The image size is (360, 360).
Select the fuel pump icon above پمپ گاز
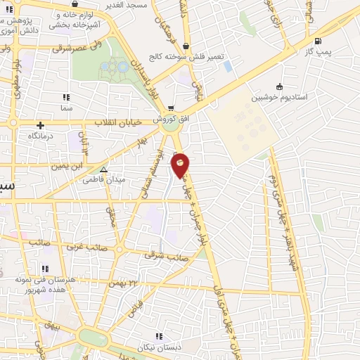pyautogui.click(x=319, y=41)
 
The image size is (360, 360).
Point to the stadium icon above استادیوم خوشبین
pyautogui.click(x=279, y=87)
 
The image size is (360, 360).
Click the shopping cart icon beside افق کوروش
pyautogui.click(x=171, y=108)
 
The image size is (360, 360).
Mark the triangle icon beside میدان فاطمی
pyautogui.click(x=104, y=169)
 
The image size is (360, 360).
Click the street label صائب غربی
pyautogui.click(x=82, y=247)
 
